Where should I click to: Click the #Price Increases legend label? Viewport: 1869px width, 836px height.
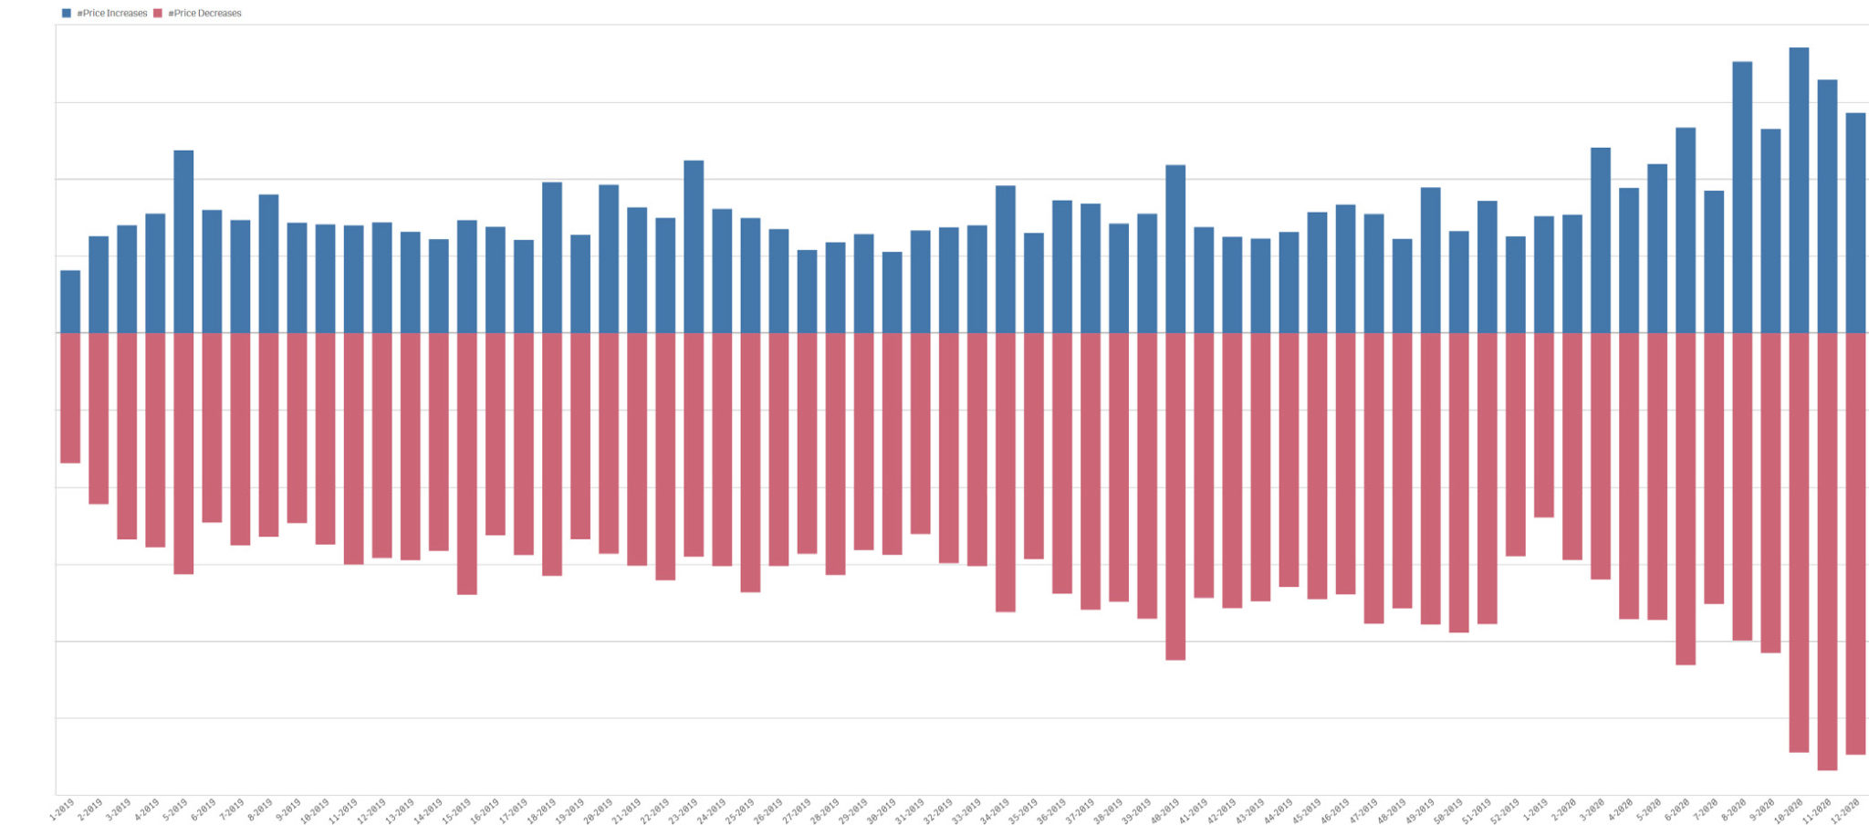coord(112,14)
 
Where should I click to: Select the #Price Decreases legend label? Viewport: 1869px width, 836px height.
coord(205,14)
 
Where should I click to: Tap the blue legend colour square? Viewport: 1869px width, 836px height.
coord(66,14)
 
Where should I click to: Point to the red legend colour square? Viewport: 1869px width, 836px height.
coord(158,14)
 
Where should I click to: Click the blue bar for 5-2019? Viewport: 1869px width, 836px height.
coord(183,242)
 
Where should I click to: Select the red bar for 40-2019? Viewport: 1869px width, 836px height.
coord(1175,496)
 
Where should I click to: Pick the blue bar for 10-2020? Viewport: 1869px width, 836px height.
coord(1799,190)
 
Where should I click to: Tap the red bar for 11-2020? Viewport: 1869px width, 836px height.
coord(1827,551)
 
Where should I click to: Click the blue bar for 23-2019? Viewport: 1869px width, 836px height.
coord(694,246)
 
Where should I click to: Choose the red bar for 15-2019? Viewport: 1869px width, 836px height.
coord(467,464)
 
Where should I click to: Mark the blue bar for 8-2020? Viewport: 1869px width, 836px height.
coord(1742,197)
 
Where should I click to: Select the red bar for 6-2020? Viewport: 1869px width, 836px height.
coord(1686,498)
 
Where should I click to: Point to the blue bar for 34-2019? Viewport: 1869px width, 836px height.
coord(1005,259)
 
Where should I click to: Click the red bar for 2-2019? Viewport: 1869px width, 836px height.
coord(99,418)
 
